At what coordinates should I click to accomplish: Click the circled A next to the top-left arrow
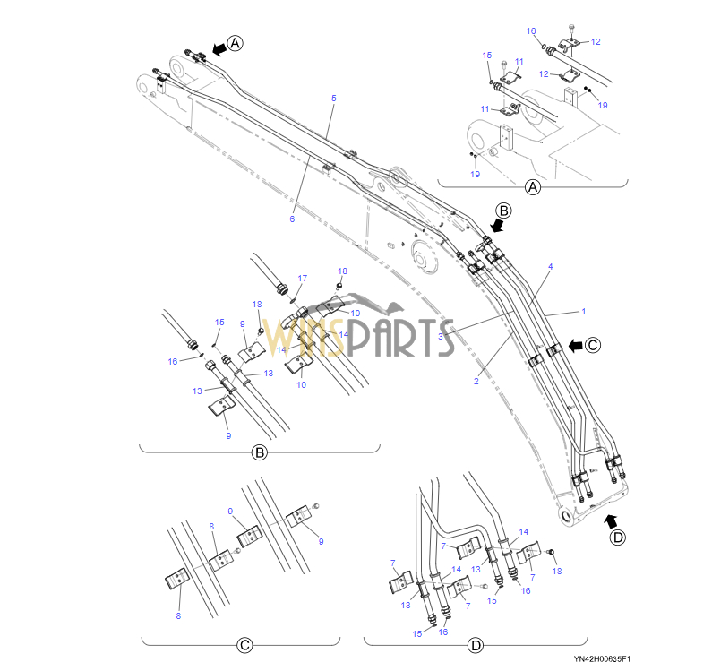[x=235, y=42]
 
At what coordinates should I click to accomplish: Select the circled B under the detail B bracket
[x=259, y=452]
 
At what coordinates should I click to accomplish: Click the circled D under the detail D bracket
[x=476, y=645]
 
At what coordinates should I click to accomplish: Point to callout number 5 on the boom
[x=333, y=98]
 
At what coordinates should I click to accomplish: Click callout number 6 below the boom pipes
[x=292, y=219]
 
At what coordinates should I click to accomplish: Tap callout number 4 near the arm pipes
[x=550, y=267]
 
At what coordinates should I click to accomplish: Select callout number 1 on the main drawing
[x=583, y=312]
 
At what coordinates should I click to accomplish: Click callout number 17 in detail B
[x=302, y=279]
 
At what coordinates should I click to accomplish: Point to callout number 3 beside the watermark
[x=441, y=335]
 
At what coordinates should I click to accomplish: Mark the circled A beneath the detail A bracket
[x=533, y=187]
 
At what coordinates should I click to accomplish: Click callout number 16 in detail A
[x=531, y=30]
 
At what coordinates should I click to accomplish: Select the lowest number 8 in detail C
[x=177, y=615]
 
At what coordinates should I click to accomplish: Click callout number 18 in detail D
[x=557, y=571]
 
